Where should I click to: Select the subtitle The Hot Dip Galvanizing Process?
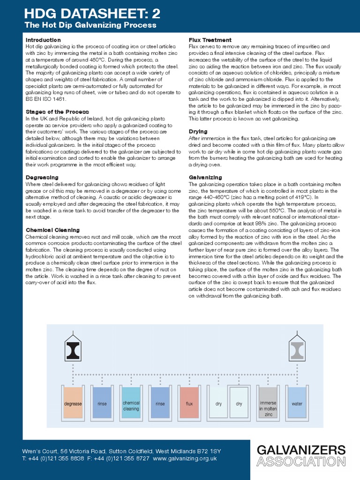(x=90, y=25)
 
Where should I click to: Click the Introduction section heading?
(x=43, y=40)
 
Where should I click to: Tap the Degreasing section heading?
(x=42, y=178)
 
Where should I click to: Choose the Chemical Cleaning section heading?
(x=52, y=230)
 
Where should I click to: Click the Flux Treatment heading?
(x=210, y=40)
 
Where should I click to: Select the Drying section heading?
(x=198, y=132)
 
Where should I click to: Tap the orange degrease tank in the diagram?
(x=73, y=403)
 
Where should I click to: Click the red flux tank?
(x=189, y=403)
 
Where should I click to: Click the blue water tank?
(x=297, y=403)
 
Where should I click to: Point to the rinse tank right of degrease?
(x=102, y=403)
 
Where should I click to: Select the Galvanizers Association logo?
(x=301, y=456)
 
